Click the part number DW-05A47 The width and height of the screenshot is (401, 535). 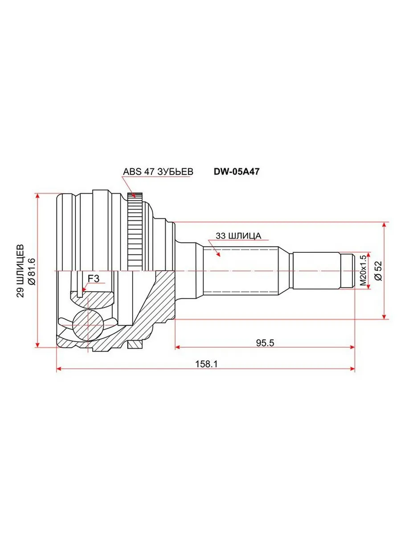(x=237, y=172)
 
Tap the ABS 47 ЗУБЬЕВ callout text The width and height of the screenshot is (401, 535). (x=158, y=172)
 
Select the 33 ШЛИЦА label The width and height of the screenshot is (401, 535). (x=238, y=236)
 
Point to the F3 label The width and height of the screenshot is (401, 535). (x=94, y=279)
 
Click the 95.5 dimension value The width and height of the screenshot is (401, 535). (x=265, y=343)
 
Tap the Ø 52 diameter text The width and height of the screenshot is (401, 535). (x=379, y=271)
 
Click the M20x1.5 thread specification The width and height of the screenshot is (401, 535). (x=363, y=271)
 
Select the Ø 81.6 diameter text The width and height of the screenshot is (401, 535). (x=32, y=271)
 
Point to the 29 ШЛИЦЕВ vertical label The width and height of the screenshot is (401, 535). (x=20, y=271)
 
